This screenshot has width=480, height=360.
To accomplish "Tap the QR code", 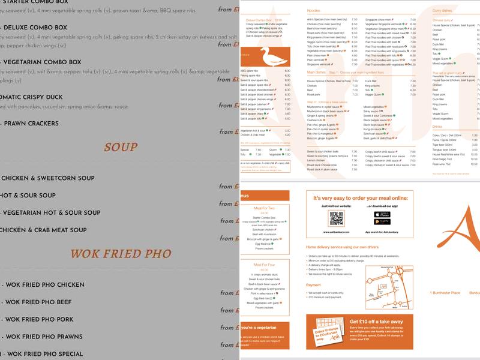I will click(x=336, y=218).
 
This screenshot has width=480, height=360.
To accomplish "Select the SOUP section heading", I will click(x=121, y=147).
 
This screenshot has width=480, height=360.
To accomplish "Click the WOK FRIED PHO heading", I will click(x=121, y=254).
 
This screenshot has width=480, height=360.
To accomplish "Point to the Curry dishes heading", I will click(x=443, y=11).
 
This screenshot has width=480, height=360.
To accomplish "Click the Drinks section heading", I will click(x=438, y=127).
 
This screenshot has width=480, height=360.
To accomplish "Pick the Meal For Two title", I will click(x=265, y=208).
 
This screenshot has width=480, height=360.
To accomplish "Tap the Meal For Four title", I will click(x=265, y=264).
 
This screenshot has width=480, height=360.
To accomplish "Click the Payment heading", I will click(x=314, y=285).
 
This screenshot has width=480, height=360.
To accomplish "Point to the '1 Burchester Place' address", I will click(x=445, y=293).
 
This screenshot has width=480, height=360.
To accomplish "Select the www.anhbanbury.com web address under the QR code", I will click(x=336, y=230).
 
